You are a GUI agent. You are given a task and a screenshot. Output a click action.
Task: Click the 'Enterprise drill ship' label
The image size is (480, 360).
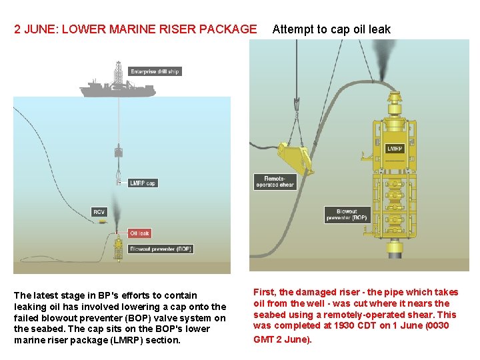(x=155, y=71)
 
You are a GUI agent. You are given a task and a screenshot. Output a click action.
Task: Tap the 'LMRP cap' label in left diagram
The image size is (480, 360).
(x=143, y=183)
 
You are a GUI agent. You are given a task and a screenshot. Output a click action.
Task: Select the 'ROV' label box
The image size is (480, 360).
(x=99, y=212)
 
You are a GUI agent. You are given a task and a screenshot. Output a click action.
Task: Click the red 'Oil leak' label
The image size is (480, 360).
(x=139, y=233)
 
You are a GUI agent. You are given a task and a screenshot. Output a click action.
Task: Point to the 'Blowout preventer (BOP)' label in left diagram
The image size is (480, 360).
(x=161, y=249)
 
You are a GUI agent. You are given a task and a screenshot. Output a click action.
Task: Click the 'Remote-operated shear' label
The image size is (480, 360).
(x=275, y=181)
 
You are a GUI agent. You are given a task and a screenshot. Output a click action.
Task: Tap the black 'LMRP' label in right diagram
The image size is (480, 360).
(x=395, y=149)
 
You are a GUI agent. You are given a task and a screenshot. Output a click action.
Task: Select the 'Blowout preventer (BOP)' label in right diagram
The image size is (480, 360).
(x=347, y=215)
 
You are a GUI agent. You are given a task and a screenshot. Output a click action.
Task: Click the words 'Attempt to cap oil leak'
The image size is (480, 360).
(x=331, y=29)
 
